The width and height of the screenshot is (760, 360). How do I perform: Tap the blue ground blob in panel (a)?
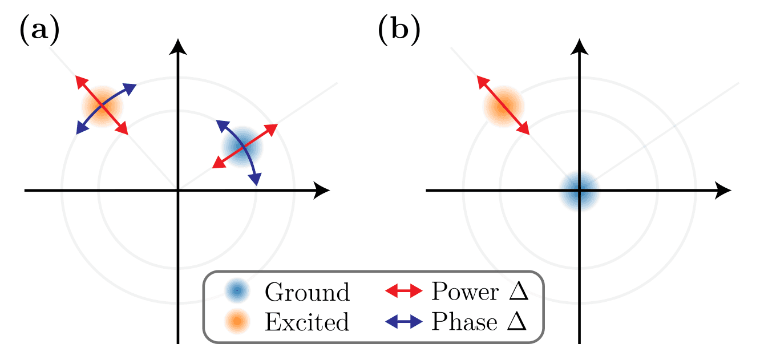coord(242,147)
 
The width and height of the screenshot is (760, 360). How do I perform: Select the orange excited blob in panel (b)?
coord(503,106)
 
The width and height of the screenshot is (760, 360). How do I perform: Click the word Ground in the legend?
coord(307,293)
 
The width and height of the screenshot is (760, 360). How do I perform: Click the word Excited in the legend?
coord(306,322)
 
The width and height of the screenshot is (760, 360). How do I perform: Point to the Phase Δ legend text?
coord(479,322)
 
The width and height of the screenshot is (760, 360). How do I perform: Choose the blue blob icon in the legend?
coord(236,292)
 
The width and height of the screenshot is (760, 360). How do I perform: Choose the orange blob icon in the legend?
coord(236,322)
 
